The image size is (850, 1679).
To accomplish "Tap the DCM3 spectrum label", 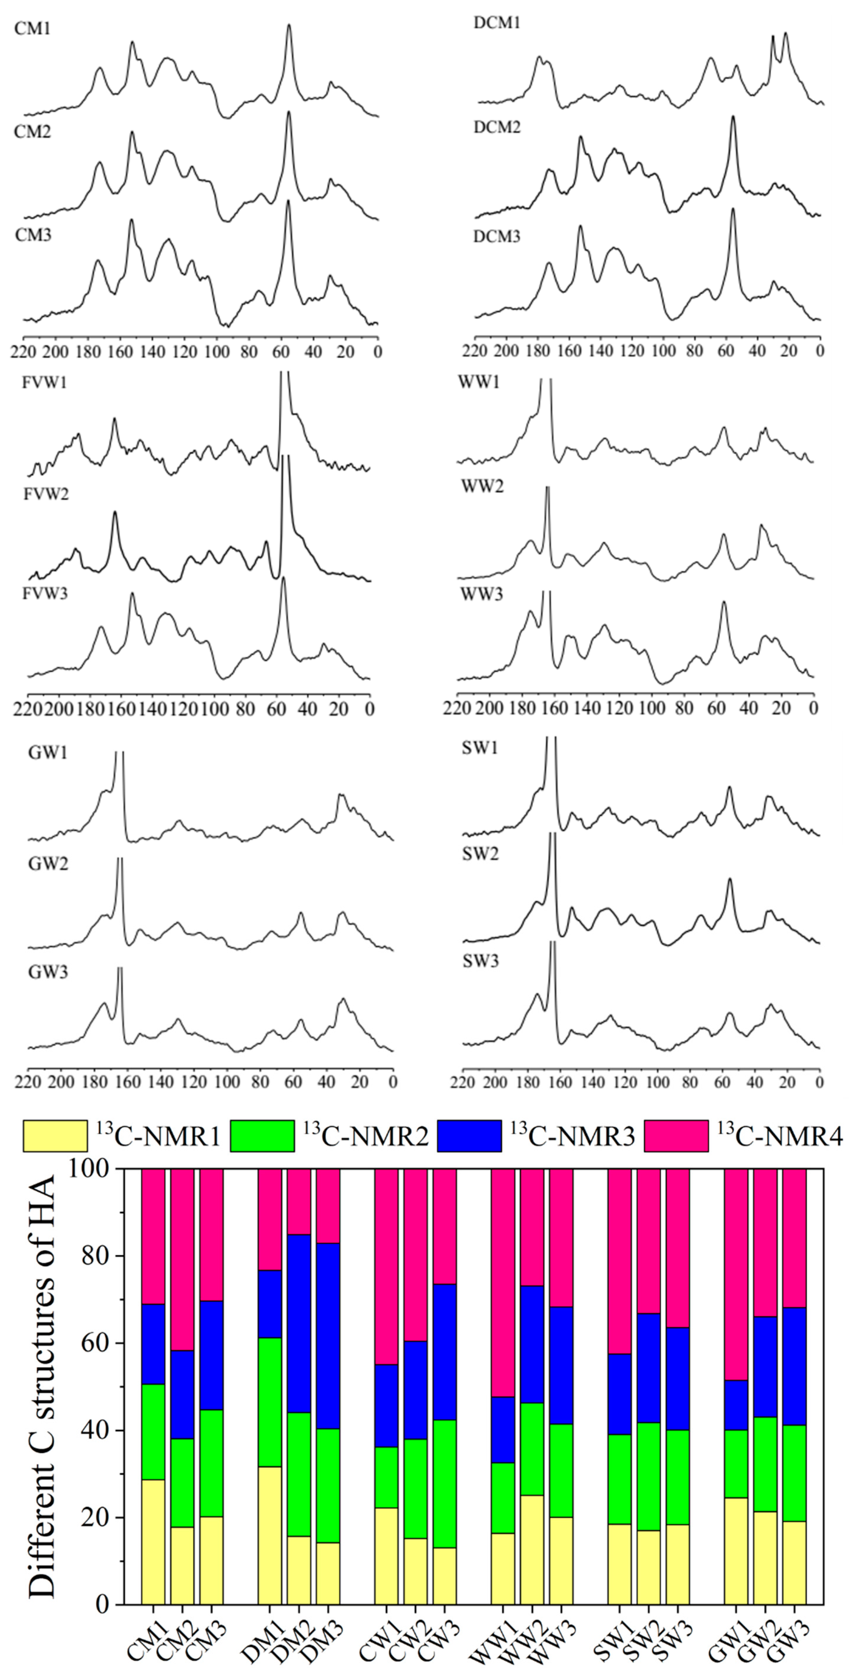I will pos(497,237).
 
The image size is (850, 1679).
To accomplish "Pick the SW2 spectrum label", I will pos(480,854).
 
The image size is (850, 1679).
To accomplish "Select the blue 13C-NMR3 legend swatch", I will pos(469,1136).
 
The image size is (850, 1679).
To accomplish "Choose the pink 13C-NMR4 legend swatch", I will pos(676,1136).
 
